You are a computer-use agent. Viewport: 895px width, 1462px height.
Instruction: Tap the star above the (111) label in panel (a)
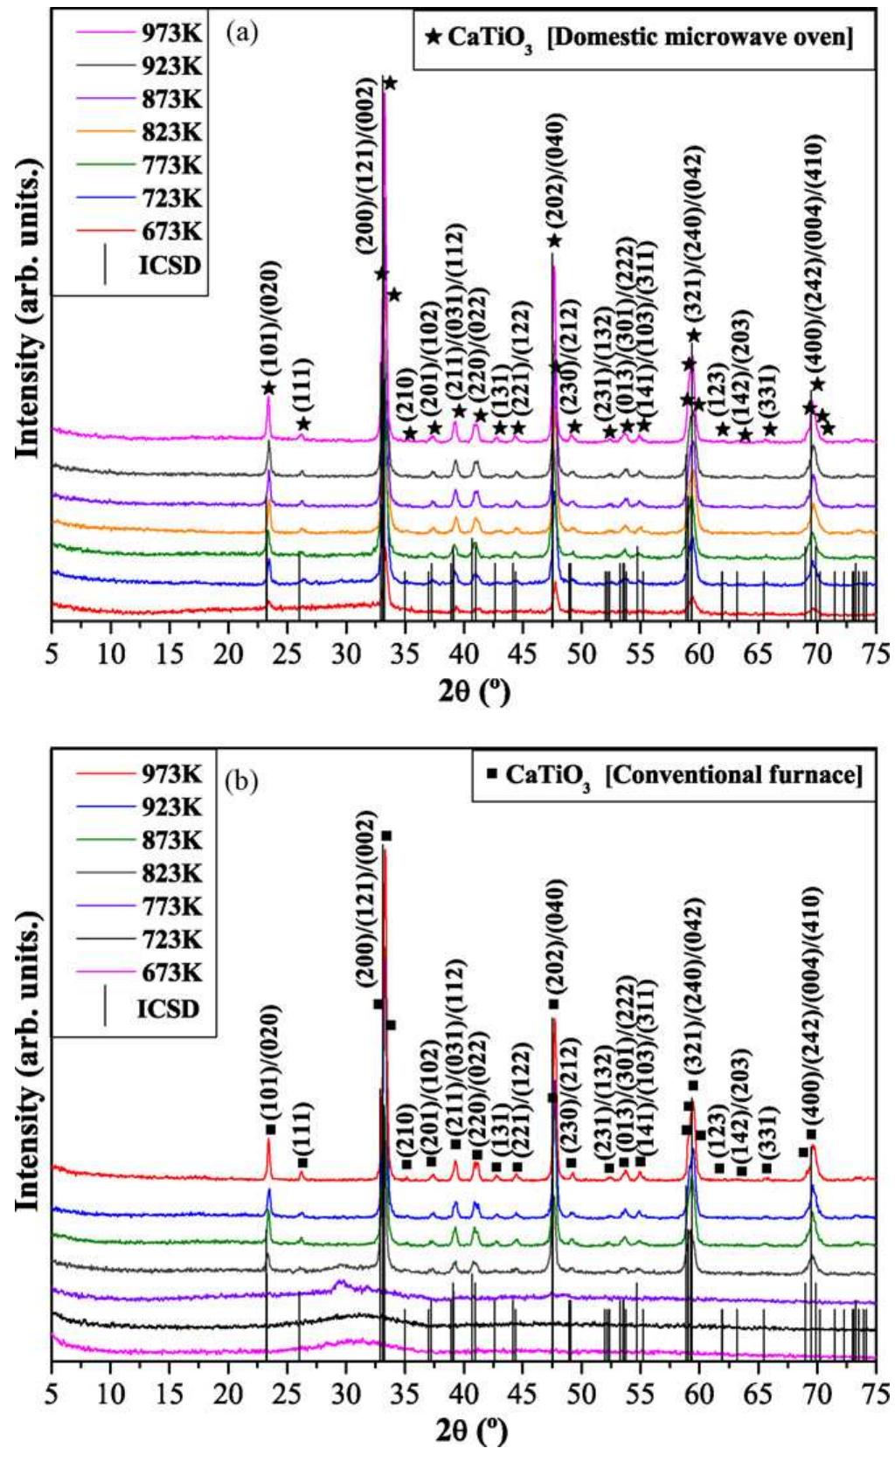coord(302,424)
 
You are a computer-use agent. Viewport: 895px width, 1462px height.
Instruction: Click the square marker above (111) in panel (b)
coord(302,1163)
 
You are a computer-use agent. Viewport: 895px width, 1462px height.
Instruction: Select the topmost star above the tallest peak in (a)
coord(390,83)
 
